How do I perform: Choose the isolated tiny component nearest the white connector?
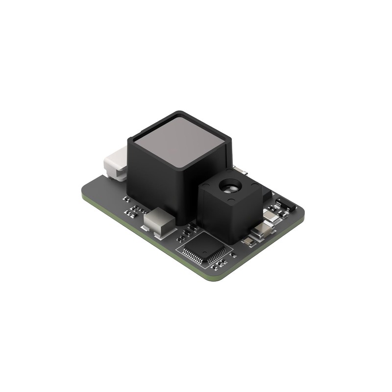point(126,199)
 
